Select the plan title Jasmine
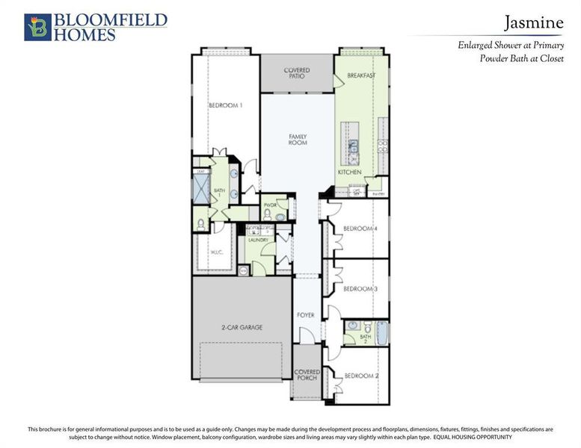coord(532,22)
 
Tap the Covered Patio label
coord(296,72)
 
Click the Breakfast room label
coord(360,75)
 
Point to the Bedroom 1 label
coord(225,105)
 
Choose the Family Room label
coord(298,139)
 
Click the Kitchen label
coord(349,172)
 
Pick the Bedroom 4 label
coord(360,228)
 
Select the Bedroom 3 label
coord(360,288)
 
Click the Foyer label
coord(305,315)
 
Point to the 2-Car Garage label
coord(241,327)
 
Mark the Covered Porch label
coord(307,375)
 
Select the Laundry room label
coord(258,240)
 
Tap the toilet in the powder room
coord(268,214)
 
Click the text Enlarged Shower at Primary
coord(511,45)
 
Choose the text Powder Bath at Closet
coord(521,58)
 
